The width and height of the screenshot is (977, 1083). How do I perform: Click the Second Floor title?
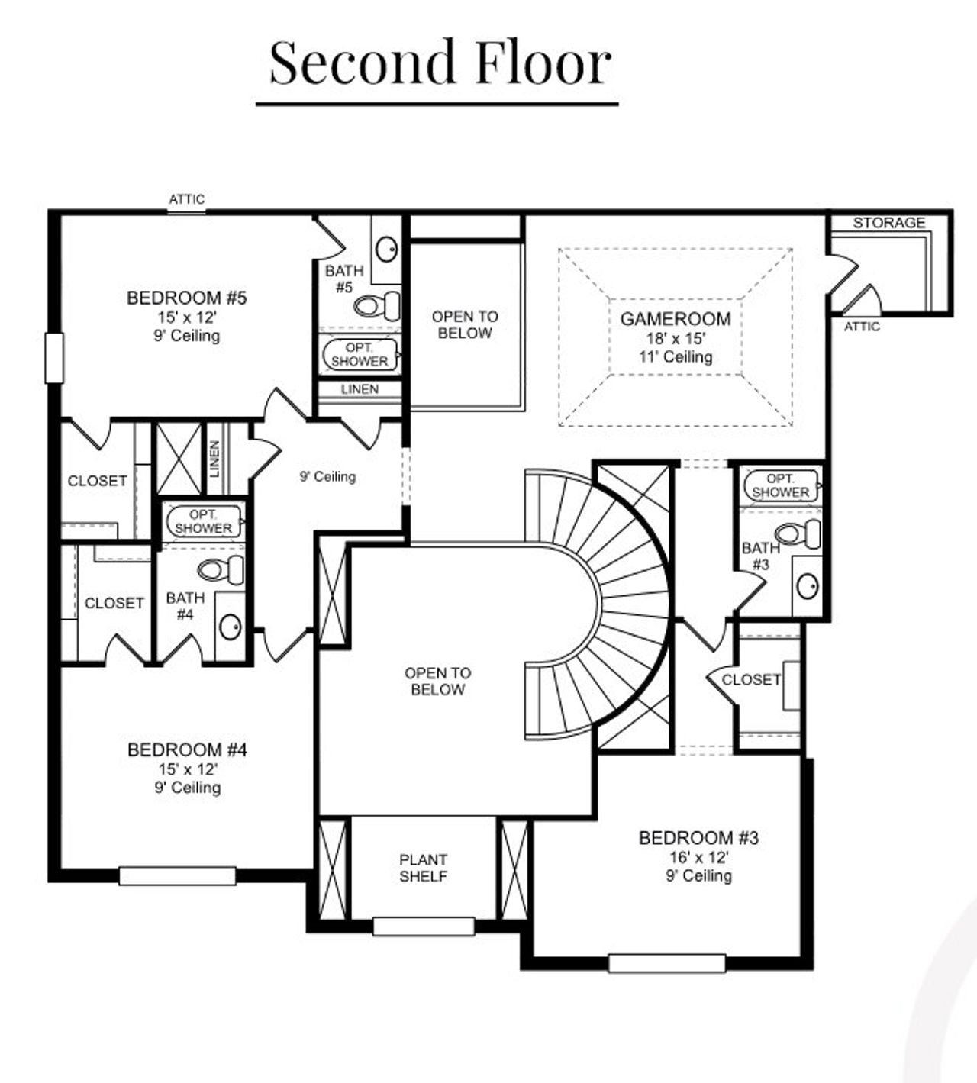click(x=440, y=63)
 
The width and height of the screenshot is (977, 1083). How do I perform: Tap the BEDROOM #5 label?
click(x=186, y=298)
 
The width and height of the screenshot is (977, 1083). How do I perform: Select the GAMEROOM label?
click(x=675, y=319)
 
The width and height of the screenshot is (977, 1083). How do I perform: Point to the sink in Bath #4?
click(x=230, y=627)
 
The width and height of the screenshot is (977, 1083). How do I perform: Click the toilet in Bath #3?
click(x=798, y=533)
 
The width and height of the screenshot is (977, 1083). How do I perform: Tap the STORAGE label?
click(x=888, y=223)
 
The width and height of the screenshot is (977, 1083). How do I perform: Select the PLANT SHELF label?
click(x=423, y=868)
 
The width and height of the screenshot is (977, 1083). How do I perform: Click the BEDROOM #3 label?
click(x=698, y=838)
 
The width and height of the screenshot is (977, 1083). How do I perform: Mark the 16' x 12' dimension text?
click(x=698, y=857)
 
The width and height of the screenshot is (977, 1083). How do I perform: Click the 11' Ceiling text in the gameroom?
click(x=676, y=357)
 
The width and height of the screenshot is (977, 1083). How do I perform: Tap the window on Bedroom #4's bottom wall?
click(x=177, y=875)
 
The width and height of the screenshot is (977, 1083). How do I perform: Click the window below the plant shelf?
click(x=424, y=927)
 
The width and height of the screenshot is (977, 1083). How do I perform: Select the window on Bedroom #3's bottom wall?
click(x=666, y=963)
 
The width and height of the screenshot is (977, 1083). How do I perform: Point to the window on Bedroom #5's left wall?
click(x=54, y=357)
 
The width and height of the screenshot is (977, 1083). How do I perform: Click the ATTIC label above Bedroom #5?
click(x=186, y=199)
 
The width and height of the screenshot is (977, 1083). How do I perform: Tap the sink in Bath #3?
click(x=807, y=586)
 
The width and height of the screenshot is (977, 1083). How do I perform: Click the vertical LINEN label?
click(x=215, y=459)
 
